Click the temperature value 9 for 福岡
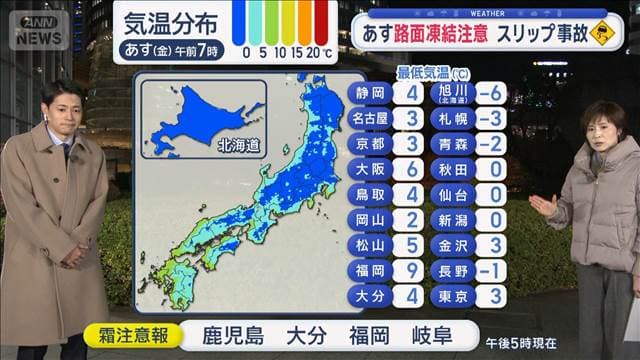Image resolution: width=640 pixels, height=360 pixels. [411, 270]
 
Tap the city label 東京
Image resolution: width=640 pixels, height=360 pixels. [448, 296]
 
